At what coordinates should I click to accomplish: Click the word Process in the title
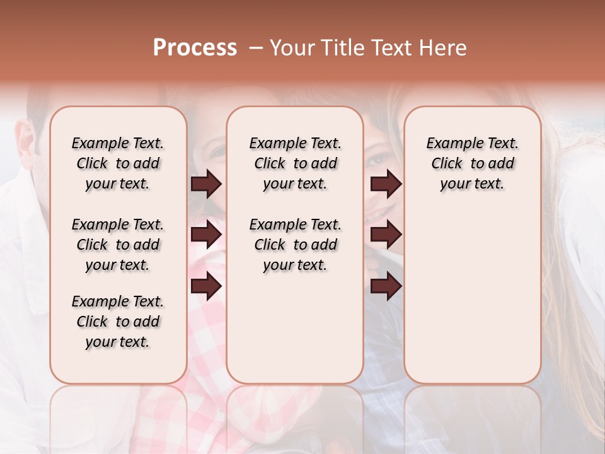click(x=195, y=48)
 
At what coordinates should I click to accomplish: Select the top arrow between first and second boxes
click(x=206, y=184)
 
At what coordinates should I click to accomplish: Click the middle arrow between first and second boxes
click(x=206, y=235)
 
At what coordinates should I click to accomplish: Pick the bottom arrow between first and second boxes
click(x=206, y=286)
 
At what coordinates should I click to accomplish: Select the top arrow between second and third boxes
click(x=386, y=184)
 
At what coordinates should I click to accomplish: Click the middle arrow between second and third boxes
click(x=386, y=235)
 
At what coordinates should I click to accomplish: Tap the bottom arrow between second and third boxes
click(x=386, y=286)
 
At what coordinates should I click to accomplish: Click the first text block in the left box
click(x=118, y=163)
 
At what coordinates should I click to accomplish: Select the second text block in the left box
click(x=118, y=245)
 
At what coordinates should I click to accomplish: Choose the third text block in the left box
click(x=118, y=322)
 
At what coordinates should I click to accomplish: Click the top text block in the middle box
click(x=295, y=163)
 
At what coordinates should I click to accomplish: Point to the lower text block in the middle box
click(x=295, y=245)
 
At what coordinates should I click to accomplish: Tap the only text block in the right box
click(x=472, y=163)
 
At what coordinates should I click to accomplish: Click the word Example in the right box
click(x=451, y=144)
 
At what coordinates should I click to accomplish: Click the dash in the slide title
click(x=255, y=48)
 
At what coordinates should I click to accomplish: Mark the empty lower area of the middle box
click(x=295, y=328)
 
